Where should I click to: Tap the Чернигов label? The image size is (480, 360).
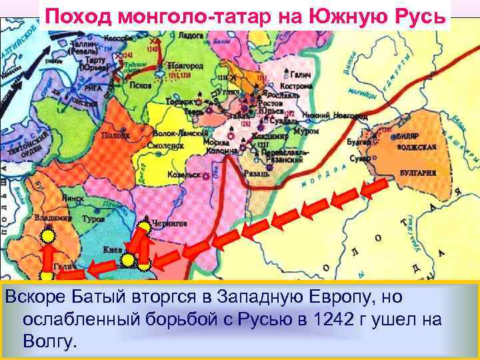[x=169, y=224]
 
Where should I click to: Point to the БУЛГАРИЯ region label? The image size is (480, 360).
[x=418, y=172]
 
